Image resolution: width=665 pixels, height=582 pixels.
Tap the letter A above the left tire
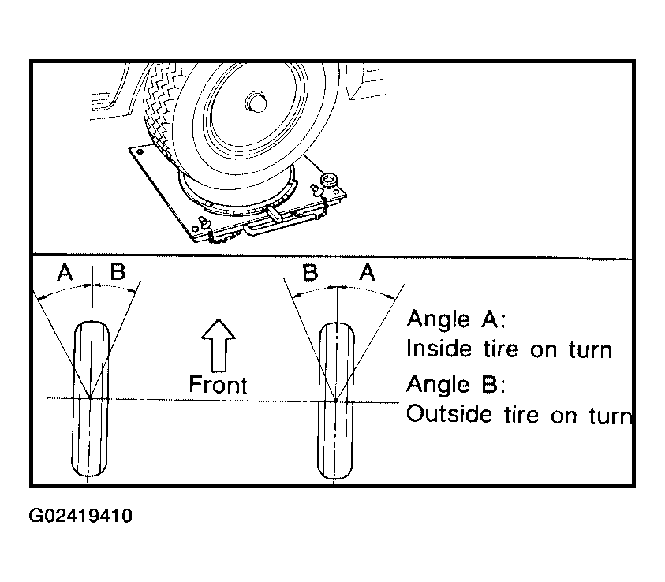(x=65, y=273)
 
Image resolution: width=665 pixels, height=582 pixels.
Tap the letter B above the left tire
(x=118, y=273)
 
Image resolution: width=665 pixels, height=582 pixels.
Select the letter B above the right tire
(x=310, y=273)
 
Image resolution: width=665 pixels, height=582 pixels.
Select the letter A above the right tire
(x=367, y=273)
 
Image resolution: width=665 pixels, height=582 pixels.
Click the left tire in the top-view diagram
(x=92, y=402)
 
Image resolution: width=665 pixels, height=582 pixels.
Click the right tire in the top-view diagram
(x=337, y=402)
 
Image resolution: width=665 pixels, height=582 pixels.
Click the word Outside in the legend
(x=448, y=414)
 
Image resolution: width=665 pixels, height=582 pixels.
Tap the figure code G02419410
(x=81, y=517)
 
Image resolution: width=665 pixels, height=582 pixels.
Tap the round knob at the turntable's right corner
(x=331, y=178)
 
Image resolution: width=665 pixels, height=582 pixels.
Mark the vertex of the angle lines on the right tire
(x=337, y=400)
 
